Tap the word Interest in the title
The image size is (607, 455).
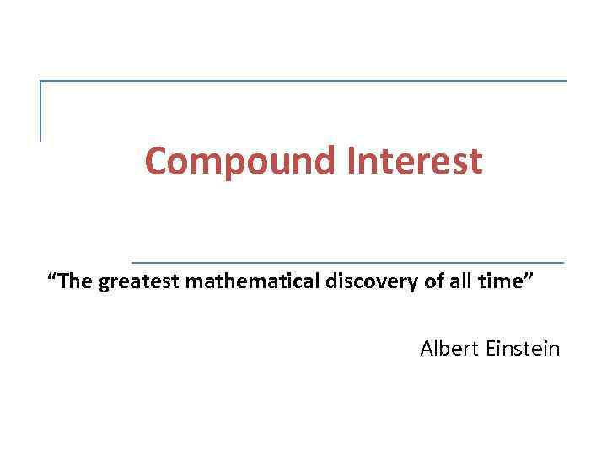point(414,162)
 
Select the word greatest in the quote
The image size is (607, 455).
point(140,282)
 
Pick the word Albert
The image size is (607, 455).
point(449,348)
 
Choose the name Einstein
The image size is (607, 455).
point(524,348)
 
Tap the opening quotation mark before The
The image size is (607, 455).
point(53,277)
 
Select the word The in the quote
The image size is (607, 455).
point(76,282)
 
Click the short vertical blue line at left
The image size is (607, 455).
point(40,110)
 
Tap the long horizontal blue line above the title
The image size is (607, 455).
point(303,81)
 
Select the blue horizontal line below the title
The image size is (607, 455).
point(347,262)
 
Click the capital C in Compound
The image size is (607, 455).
point(156,162)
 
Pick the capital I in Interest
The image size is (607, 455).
point(350,162)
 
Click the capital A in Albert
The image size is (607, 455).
point(427,348)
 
